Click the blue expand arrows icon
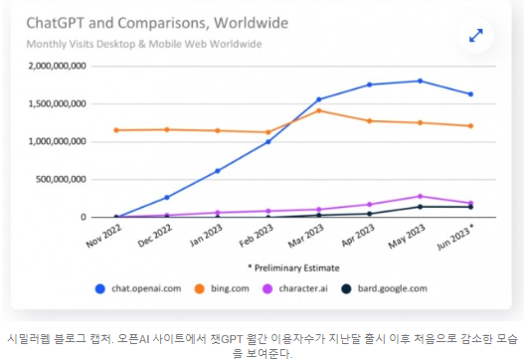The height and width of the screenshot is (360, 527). [x=476, y=35]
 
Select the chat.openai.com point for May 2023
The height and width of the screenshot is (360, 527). [x=421, y=81]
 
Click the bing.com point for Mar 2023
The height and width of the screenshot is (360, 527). [x=319, y=110]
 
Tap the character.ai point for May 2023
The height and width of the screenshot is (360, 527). [x=421, y=196]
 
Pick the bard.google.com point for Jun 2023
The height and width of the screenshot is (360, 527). [x=470, y=207]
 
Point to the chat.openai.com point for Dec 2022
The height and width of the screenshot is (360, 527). [x=167, y=197]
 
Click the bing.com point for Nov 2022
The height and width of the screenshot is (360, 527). [x=116, y=130]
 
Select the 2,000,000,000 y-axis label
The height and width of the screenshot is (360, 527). [x=57, y=66]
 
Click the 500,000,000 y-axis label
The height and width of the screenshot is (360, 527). [x=62, y=179]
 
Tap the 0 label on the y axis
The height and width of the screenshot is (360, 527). [x=84, y=217]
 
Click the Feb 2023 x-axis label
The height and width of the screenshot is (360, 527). [x=257, y=236]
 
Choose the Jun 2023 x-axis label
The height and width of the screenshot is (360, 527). [x=455, y=237]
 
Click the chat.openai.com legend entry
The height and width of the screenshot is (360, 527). [x=138, y=288]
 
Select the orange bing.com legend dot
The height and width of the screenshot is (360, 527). [x=200, y=288]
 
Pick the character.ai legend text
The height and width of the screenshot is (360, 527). [x=303, y=288]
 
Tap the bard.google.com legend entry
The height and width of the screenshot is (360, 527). [x=384, y=288]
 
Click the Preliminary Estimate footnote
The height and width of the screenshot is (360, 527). [x=293, y=268]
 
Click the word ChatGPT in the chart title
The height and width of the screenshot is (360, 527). [x=56, y=23]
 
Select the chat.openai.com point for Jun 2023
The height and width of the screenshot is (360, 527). [x=470, y=94]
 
